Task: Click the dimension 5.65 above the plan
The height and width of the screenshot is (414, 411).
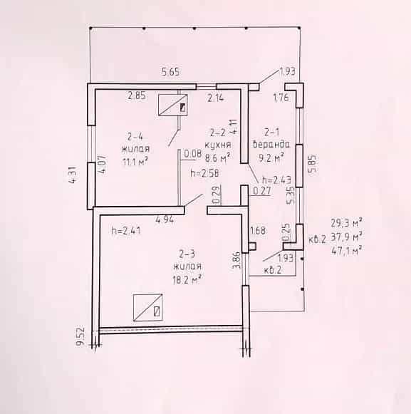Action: click(x=170, y=72)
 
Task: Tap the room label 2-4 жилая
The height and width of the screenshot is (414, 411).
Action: click(x=135, y=143)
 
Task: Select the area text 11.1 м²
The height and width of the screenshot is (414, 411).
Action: click(x=135, y=161)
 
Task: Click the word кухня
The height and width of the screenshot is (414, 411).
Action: click(x=218, y=145)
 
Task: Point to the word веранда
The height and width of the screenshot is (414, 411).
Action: click(x=271, y=145)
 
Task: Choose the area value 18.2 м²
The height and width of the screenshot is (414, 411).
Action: click(x=187, y=279)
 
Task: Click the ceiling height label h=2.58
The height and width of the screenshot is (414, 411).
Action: click(x=204, y=173)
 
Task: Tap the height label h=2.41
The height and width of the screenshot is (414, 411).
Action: click(x=126, y=231)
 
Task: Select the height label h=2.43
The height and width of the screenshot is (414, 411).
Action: click(x=276, y=180)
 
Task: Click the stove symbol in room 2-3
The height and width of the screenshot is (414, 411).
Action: click(x=148, y=307)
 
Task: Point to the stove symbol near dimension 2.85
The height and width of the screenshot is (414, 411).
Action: click(x=173, y=105)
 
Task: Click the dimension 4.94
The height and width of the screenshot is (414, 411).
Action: click(x=165, y=219)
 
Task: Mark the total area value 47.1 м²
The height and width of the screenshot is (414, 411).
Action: click(x=346, y=250)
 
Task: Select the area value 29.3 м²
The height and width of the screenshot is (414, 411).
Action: click(x=346, y=223)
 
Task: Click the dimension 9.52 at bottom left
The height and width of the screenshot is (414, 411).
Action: click(x=80, y=336)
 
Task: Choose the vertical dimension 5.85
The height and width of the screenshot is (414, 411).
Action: click(x=312, y=164)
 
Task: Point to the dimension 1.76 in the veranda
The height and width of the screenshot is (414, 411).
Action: click(x=281, y=98)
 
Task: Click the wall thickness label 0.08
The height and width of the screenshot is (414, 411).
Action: click(x=193, y=154)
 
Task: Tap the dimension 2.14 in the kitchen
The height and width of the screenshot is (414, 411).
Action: click(x=215, y=98)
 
